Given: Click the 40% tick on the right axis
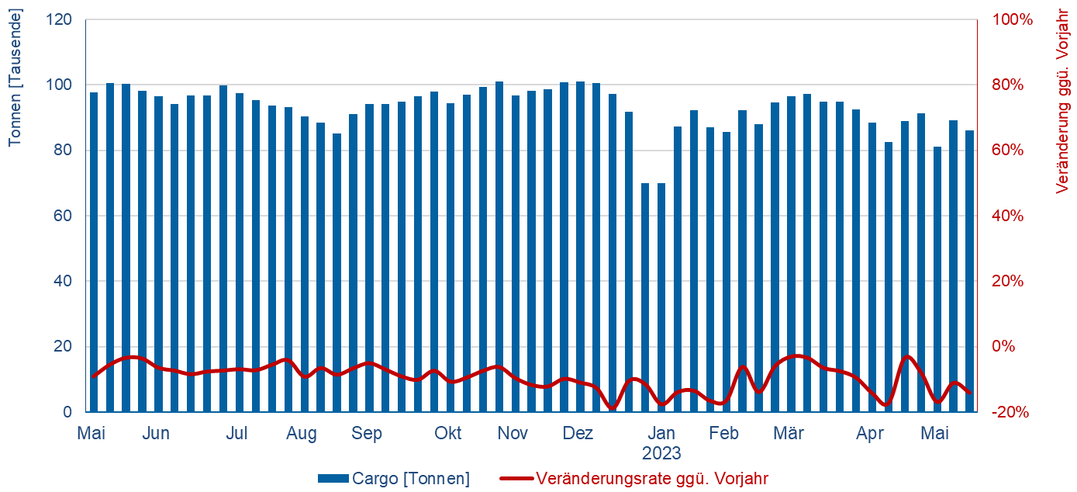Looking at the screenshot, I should pyautogui.click(x=1005, y=216).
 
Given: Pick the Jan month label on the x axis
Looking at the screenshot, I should pyautogui.click(x=661, y=433).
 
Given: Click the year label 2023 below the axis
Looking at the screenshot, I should pyautogui.click(x=661, y=452).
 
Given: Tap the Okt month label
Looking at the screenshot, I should pyautogui.click(x=448, y=433).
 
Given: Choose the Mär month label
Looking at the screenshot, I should pyautogui.click(x=789, y=433).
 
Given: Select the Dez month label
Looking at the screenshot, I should pyautogui.click(x=578, y=433).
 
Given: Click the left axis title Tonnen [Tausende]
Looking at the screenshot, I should pyautogui.click(x=15, y=78).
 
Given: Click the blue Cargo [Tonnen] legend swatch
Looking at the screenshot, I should pyautogui.click(x=332, y=478).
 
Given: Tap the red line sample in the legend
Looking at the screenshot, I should pyautogui.click(x=516, y=478).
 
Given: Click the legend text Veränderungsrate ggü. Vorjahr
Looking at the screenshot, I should pyautogui.click(x=651, y=478).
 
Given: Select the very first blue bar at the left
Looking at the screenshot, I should pyautogui.click(x=94, y=252).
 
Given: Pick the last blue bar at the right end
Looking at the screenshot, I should pyautogui.click(x=969, y=272).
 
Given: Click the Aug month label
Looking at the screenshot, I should pyautogui.click(x=302, y=433).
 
